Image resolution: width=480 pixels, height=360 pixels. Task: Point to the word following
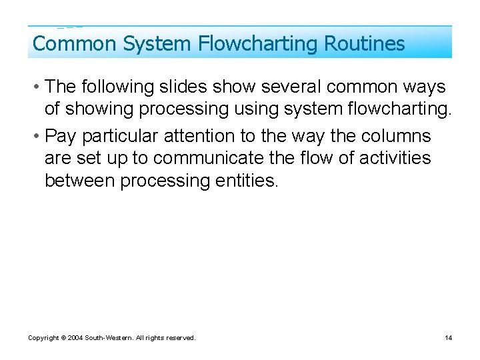(x=115, y=87)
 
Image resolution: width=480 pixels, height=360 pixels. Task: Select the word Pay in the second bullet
(x=59, y=136)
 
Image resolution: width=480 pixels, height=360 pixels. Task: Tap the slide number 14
(x=449, y=338)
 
